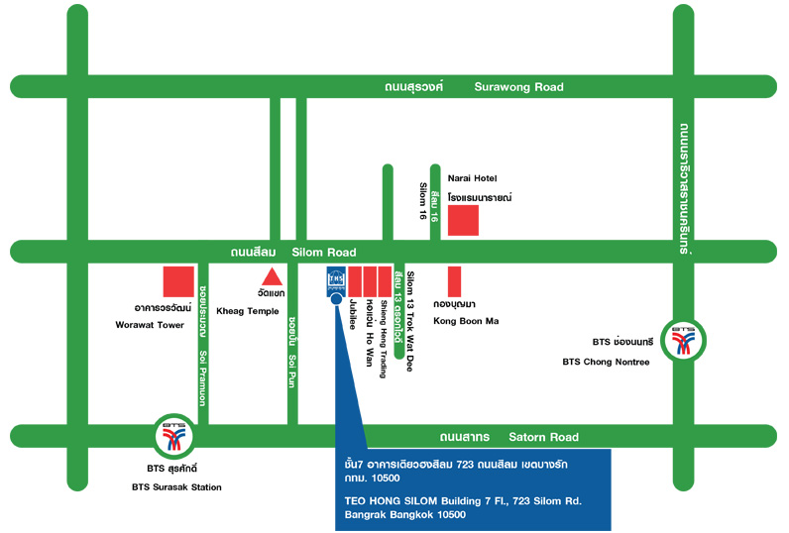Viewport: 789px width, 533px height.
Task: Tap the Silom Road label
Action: point(316,253)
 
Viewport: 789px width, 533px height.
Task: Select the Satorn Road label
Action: point(543,437)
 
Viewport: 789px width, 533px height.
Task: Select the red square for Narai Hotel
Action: point(463,220)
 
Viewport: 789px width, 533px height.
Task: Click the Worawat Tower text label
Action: point(157,325)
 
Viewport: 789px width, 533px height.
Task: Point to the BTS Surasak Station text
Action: point(176,486)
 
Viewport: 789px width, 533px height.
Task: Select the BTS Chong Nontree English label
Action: point(606,362)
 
